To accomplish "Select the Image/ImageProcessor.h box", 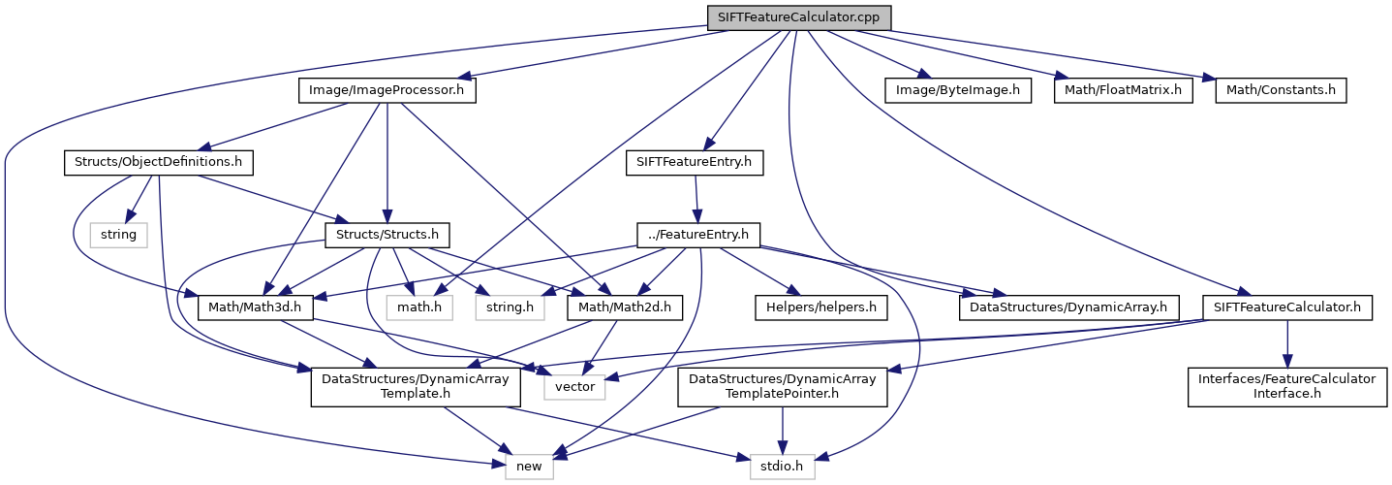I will coord(387,90).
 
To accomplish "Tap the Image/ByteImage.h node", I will coord(957,90).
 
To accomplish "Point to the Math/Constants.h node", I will coord(1281,90).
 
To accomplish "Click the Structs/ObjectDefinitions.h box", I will coord(158,161).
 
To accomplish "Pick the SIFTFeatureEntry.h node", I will coord(695,161).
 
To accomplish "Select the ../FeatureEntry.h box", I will coord(697,235).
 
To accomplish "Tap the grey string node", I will coord(118,235).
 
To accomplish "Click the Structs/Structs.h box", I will coord(386,235).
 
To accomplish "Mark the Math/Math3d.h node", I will coord(252,307).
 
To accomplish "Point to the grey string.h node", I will coord(509,307).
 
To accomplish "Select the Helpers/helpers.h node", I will coord(820,307).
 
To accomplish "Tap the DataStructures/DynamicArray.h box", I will coord(1068,307).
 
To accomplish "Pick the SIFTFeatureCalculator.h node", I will coord(1286,307).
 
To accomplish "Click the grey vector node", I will coord(574,388).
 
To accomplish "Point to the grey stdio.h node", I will coord(781,467).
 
